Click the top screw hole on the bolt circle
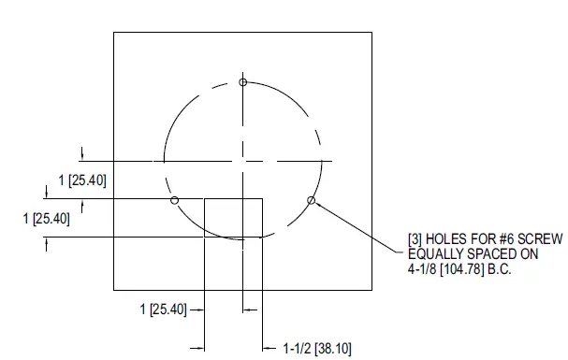(x=243, y=83)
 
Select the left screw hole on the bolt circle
(x=175, y=200)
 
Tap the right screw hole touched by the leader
(x=311, y=200)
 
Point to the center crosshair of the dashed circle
(x=243, y=161)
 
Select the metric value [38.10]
(x=335, y=348)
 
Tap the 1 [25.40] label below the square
(x=162, y=309)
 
